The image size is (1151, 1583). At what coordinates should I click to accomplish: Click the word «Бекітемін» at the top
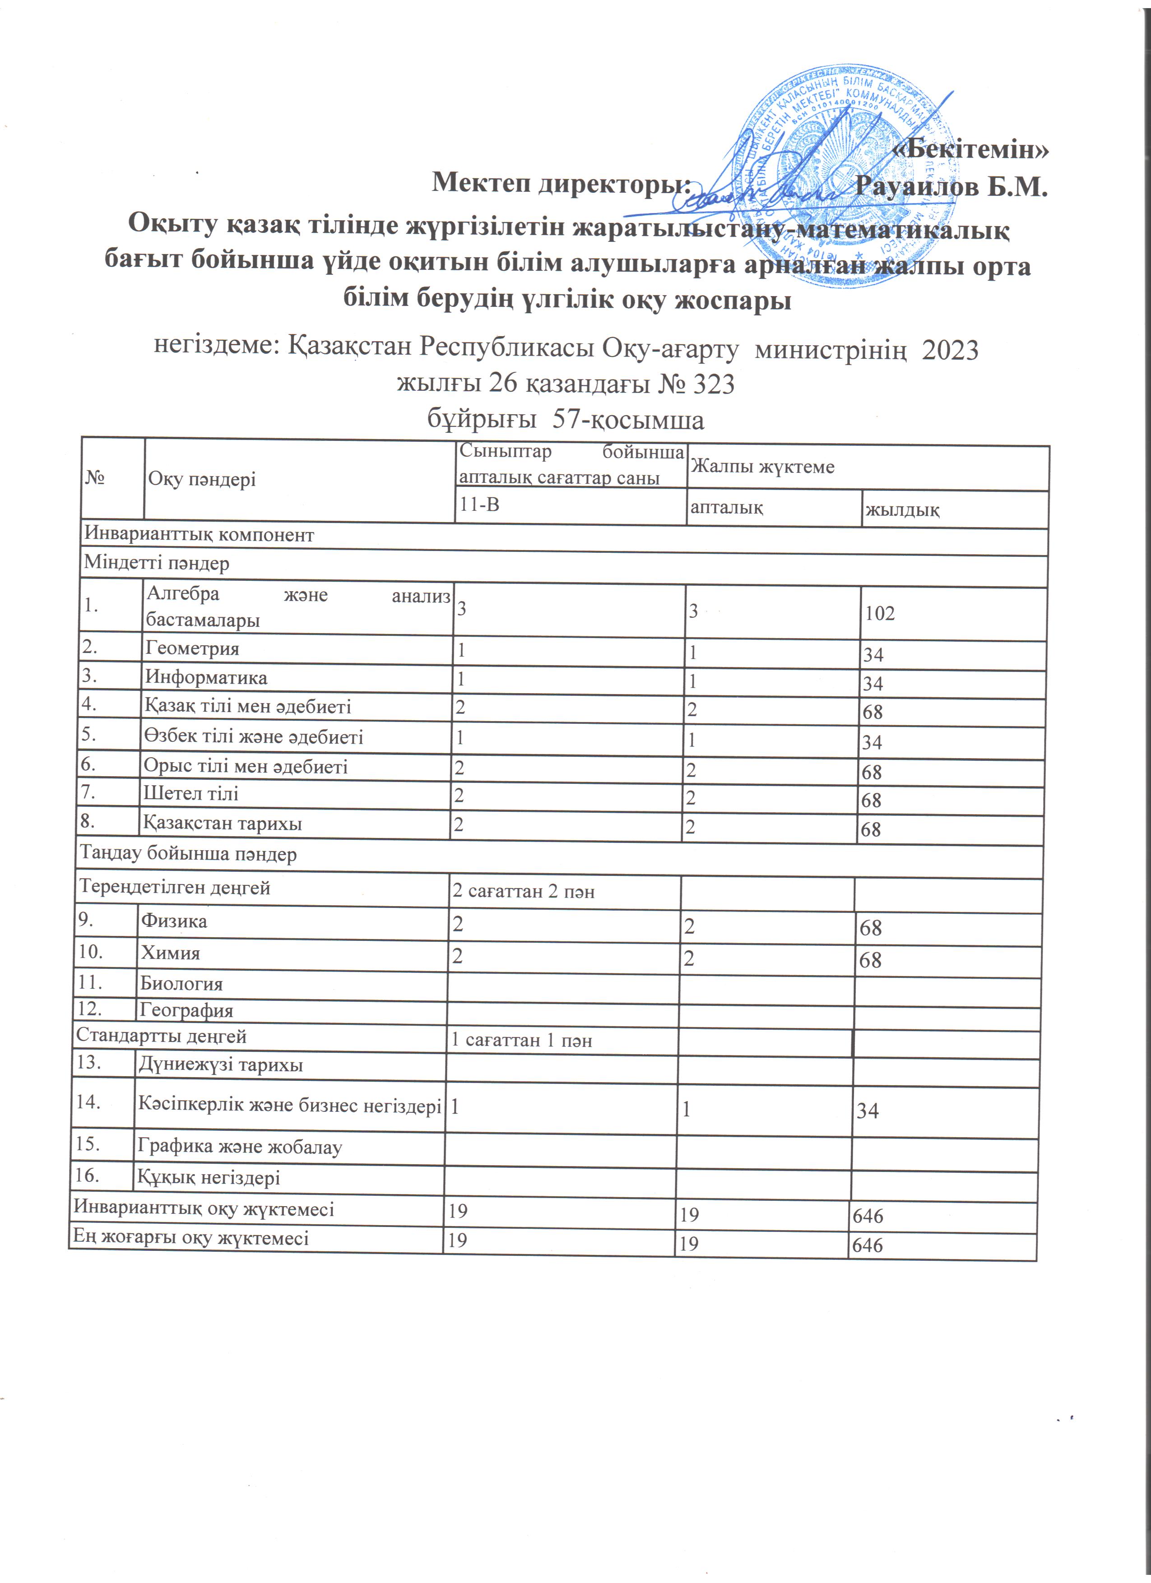(972, 149)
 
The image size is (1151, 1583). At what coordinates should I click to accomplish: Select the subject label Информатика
(206, 677)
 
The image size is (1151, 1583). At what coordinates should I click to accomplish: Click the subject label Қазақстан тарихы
(223, 824)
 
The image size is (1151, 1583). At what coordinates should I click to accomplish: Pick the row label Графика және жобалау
(239, 1147)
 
